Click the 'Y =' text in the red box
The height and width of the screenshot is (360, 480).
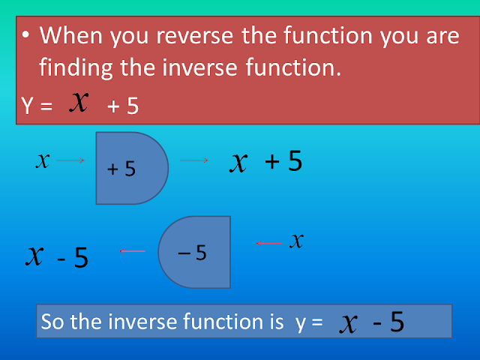(x=37, y=106)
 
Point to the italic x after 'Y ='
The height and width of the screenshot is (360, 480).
(x=79, y=102)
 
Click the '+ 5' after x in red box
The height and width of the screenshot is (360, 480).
(x=123, y=106)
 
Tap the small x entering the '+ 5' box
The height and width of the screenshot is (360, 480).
(x=43, y=160)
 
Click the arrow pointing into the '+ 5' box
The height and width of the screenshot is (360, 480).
(x=70, y=160)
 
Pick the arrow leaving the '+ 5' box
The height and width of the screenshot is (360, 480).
(x=193, y=160)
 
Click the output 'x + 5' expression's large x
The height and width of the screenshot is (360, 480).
(x=239, y=161)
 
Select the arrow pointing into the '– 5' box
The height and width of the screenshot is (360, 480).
(x=268, y=242)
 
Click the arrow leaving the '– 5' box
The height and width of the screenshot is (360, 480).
(x=133, y=250)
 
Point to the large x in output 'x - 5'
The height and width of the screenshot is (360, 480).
(x=34, y=255)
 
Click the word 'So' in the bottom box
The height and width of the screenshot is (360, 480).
(x=53, y=322)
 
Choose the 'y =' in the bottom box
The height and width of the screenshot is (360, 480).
(x=308, y=322)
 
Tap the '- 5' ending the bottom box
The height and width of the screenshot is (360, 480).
(x=388, y=322)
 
